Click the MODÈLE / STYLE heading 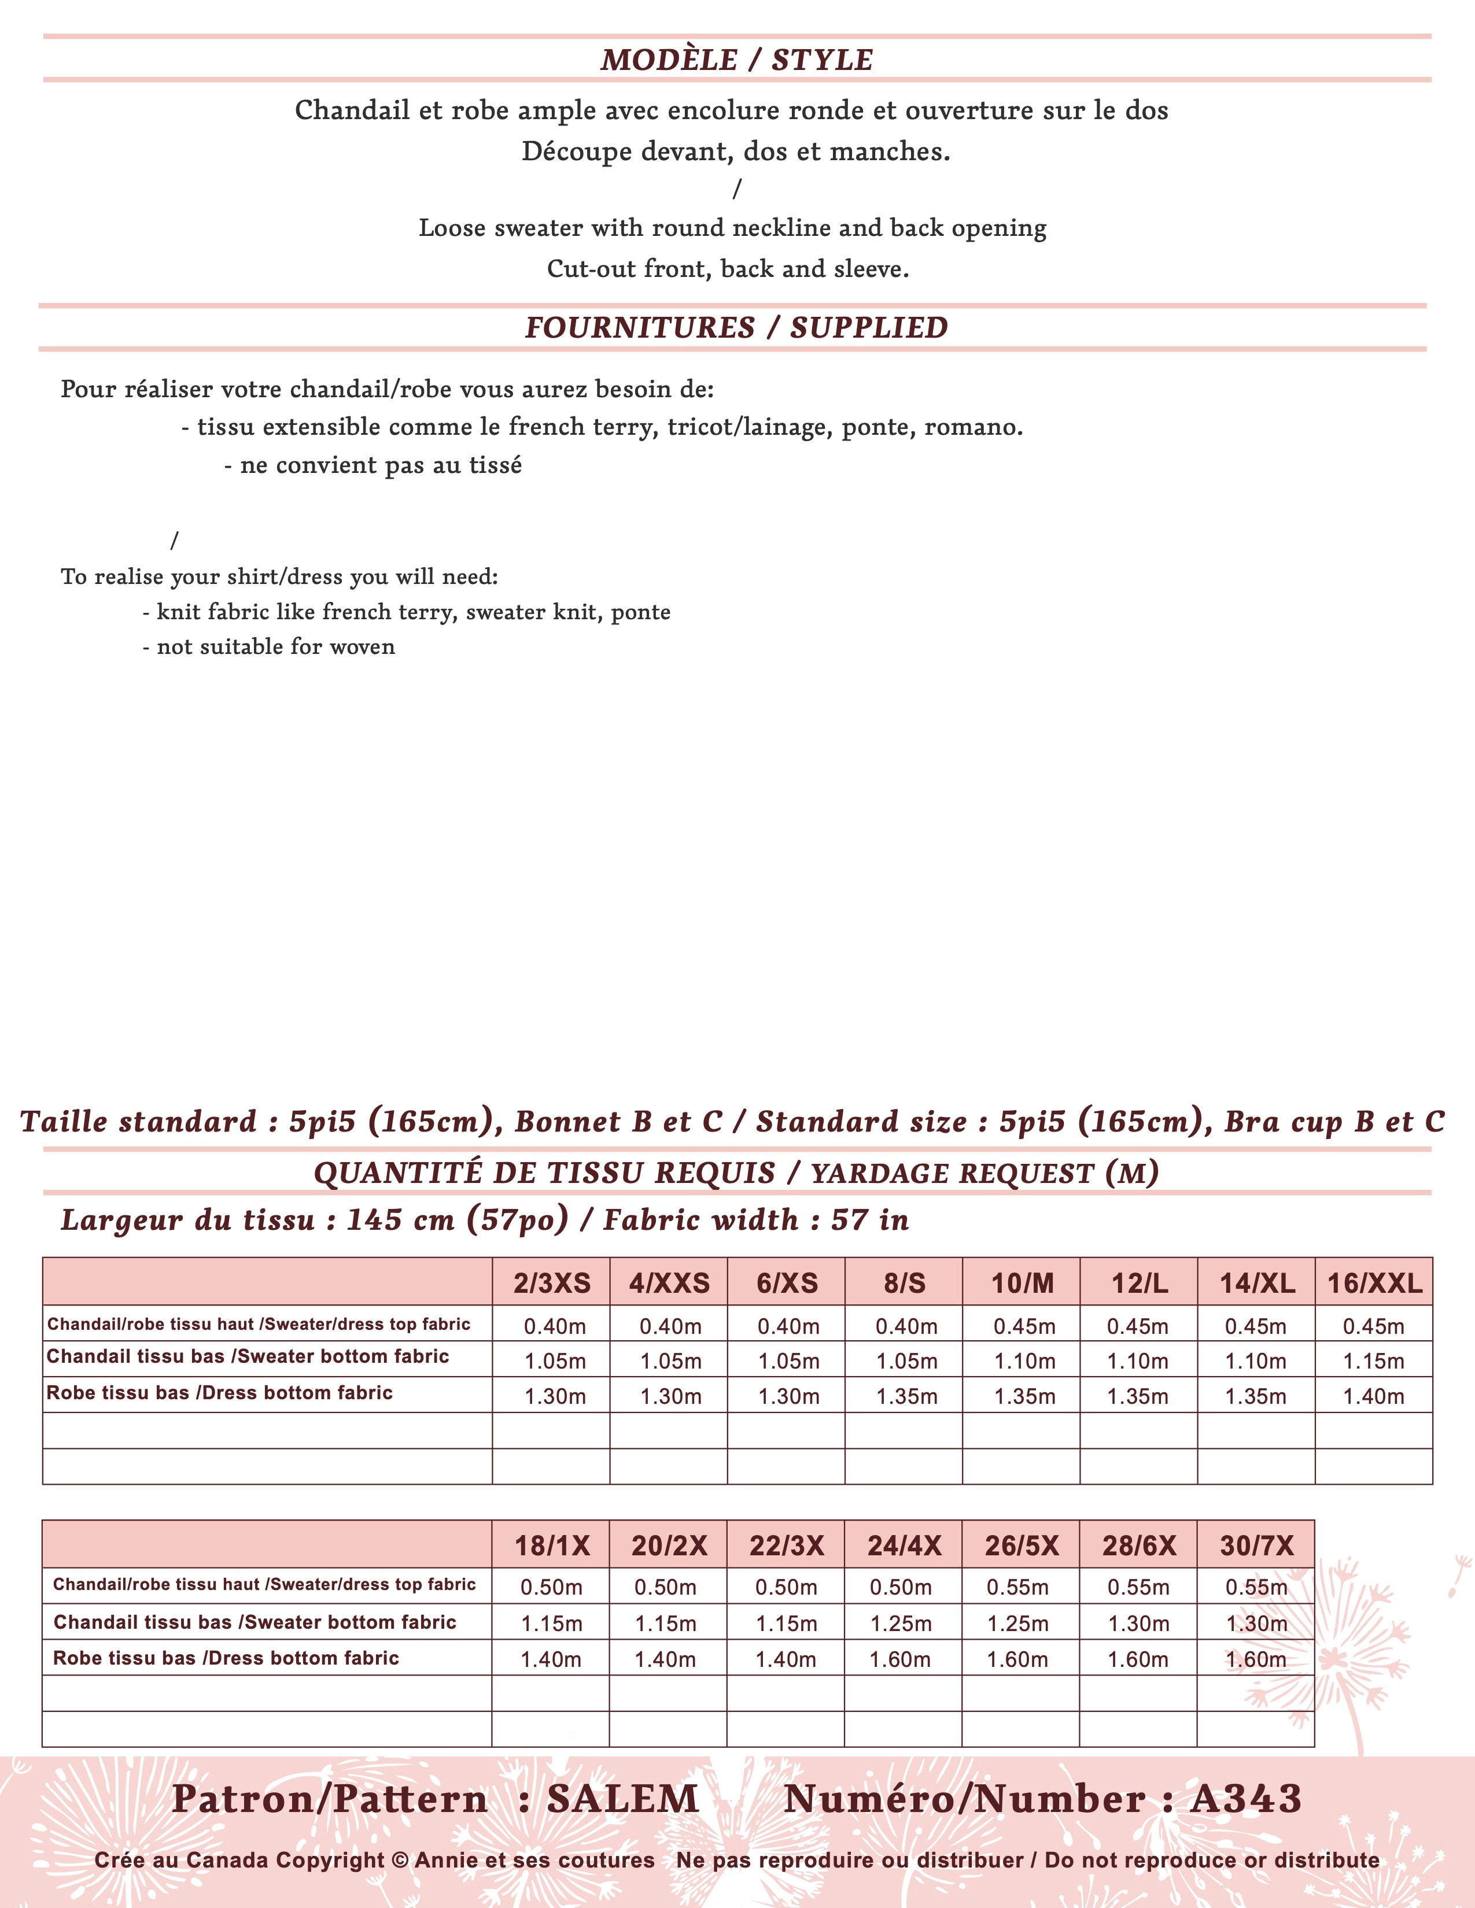pyautogui.click(x=736, y=60)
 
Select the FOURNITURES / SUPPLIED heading pyautogui.click(x=736, y=328)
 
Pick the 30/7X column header pyautogui.click(x=1256, y=1545)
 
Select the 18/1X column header pyautogui.click(x=551, y=1545)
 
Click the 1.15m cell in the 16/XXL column pyautogui.click(x=1374, y=1361)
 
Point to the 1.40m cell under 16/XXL pyautogui.click(x=1374, y=1396)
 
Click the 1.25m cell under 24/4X pyautogui.click(x=901, y=1623)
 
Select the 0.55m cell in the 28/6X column pyautogui.click(x=1138, y=1587)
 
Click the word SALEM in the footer pyautogui.click(x=623, y=1799)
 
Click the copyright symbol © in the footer pyautogui.click(x=400, y=1860)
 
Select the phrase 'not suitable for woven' pyautogui.click(x=275, y=646)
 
